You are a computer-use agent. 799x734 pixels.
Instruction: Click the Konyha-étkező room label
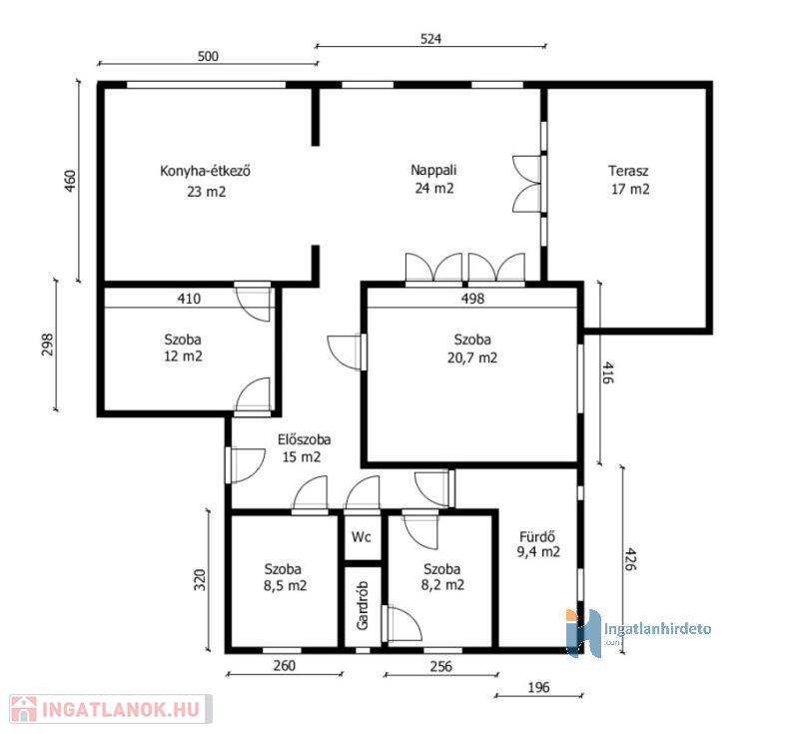coord(205,171)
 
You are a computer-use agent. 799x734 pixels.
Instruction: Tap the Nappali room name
coord(433,170)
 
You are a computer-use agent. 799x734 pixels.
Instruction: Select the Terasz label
coord(628,171)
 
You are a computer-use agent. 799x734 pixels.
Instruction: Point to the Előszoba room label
coord(305,439)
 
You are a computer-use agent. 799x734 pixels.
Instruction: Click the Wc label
coord(362,537)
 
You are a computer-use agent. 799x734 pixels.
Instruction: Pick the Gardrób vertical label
coord(363,605)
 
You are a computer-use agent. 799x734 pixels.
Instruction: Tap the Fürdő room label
coord(537,536)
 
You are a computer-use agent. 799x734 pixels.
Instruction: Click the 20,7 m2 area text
coord(472,358)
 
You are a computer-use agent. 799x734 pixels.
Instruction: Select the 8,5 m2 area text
coord(285,586)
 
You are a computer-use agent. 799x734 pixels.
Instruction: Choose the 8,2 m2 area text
coord(442,585)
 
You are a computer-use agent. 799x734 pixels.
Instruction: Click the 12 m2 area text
coord(183,357)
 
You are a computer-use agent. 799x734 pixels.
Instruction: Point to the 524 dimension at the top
coord(430,39)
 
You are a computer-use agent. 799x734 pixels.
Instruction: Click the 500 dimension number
coord(208,56)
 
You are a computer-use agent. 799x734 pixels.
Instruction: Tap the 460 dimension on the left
coord(70,181)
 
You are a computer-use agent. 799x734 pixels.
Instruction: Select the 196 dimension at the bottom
coord(538,688)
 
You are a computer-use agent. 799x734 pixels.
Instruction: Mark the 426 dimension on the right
coord(631,559)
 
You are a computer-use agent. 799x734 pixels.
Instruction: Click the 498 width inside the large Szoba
coord(472,299)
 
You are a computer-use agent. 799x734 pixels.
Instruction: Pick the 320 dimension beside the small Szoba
coord(201,579)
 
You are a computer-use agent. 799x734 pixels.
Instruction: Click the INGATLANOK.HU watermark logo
coord(111,709)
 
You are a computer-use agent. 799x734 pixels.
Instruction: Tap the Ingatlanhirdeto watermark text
coord(657,628)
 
